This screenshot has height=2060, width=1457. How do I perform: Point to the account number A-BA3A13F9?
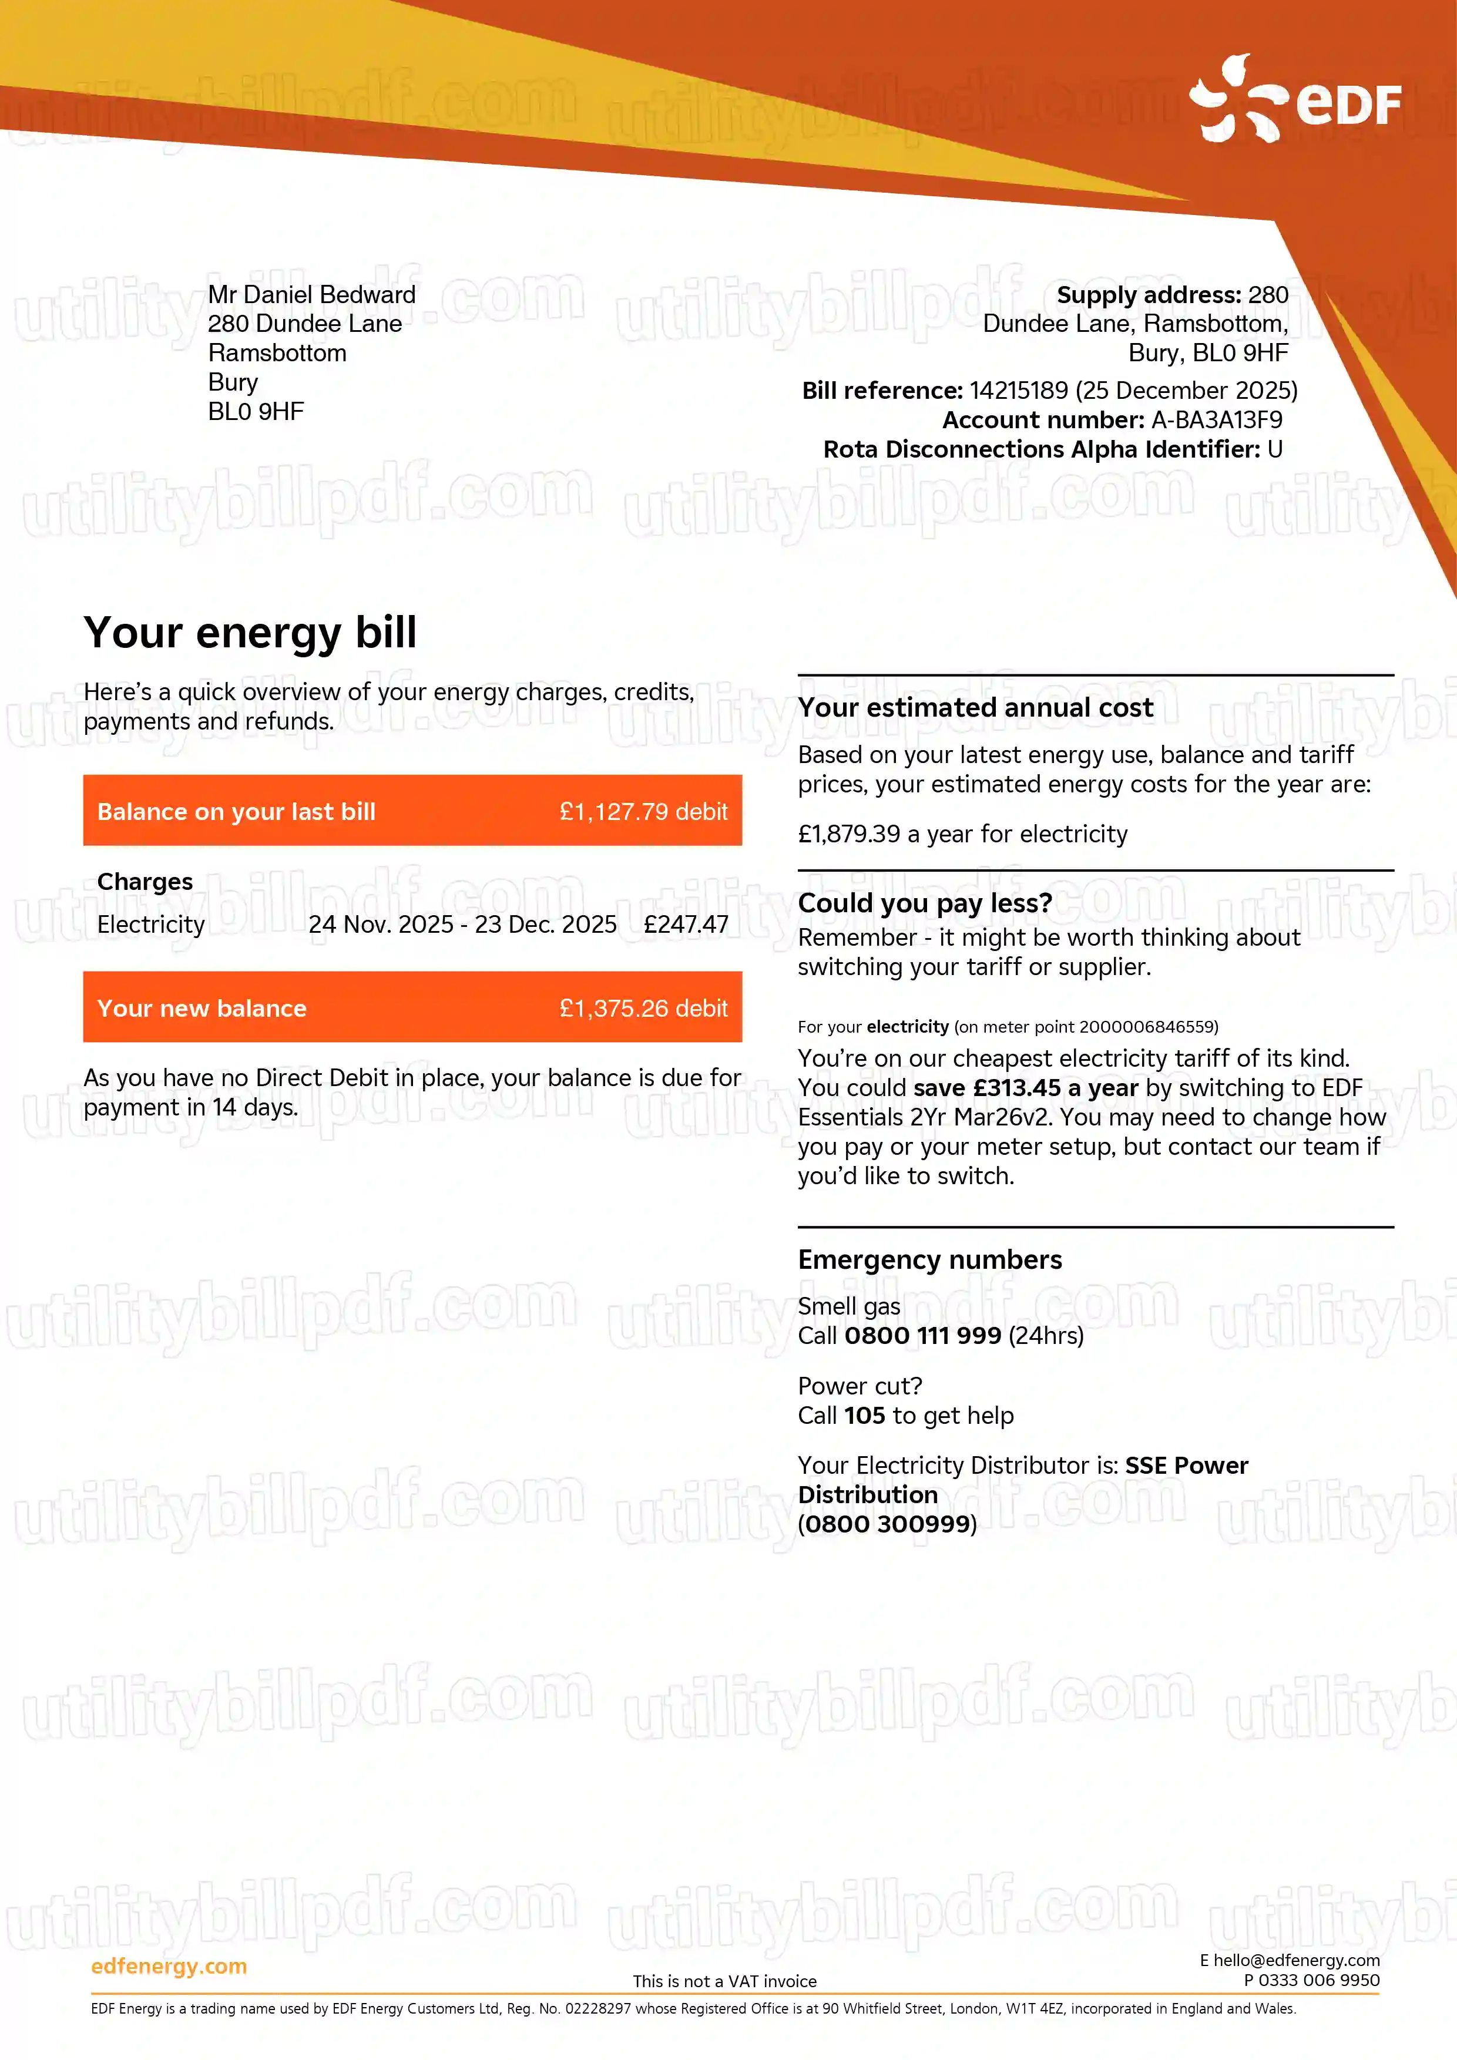(x=1217, y=420)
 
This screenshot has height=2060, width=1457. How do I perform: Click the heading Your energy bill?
(x=250, y=633)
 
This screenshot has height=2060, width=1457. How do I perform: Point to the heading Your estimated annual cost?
(x=975, y=707)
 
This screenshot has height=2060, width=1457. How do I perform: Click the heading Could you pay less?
(x=924, y=903)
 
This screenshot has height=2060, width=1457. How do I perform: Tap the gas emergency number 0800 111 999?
(x=922, y=1336)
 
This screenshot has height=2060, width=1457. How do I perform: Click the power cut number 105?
(x=864, y=1415)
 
